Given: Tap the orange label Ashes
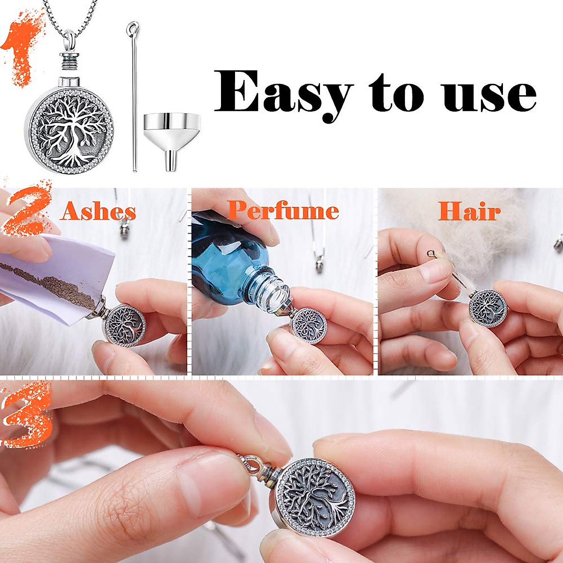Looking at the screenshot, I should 98,212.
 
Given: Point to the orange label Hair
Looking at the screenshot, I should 469,212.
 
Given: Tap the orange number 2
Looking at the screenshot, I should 26,206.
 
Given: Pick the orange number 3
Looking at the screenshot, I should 26,413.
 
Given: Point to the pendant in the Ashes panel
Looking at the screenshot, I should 124,324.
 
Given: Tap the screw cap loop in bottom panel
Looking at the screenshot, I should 248,464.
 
